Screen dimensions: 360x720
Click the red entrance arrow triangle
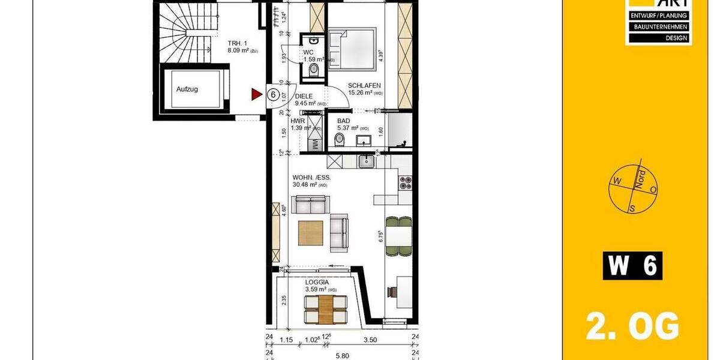tap(257, 94)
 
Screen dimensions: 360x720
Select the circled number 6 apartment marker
tap(272, 94)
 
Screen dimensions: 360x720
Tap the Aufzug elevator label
tap(187, 89)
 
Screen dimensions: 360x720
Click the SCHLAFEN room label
tap(364, 85)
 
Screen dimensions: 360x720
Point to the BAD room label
tap(343, 121)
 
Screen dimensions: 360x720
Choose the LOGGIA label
tap(317, 282)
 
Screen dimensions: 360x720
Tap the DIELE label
tap(304, 96)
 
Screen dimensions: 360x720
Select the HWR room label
tap(298, 121)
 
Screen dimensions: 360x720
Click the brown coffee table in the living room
tap(311, 233)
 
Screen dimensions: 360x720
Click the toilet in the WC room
tap(313, 70)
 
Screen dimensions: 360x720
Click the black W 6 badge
tap(632, 266)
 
